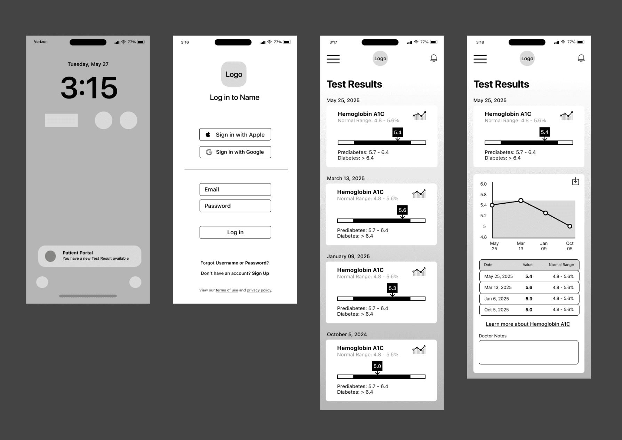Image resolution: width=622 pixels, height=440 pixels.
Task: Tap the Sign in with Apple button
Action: [x=235, y=134]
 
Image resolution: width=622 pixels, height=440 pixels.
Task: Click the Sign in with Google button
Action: [x=235, y=152]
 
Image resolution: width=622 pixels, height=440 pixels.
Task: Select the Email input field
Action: [x=235, y=189]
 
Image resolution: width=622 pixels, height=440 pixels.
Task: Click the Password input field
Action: [x=235, y=206]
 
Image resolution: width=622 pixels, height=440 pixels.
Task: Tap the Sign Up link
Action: [x=261, y=273]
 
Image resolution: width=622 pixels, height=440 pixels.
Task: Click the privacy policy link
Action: [x=259, y=290]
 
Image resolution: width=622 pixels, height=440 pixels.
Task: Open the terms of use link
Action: [x=227, y=290]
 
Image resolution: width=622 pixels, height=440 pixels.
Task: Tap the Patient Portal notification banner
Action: [x=90, y=256]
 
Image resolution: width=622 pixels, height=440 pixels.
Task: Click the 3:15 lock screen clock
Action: [x=89, y=88]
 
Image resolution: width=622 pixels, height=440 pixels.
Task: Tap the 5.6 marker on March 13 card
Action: [x=402, y=210]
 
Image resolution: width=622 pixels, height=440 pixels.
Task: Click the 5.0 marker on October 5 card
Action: [x=377, y=366]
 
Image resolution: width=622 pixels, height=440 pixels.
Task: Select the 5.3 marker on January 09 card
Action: [x=392, y=288]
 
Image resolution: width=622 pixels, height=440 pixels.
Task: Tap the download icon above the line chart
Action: [x=576, y=181]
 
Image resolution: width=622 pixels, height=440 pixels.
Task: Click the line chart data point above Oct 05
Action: [x=570, y=226]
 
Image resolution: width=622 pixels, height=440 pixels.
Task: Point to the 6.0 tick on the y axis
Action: [x=484, y=184]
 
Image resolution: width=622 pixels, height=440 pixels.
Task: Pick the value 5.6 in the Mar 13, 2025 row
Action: [x=529, y=288]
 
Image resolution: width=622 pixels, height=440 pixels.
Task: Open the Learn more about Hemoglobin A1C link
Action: [x=528, y=324]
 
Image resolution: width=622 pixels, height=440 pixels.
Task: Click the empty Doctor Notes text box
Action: [x=528, y=352]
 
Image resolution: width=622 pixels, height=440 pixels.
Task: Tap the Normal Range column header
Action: [x=561, y=265]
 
